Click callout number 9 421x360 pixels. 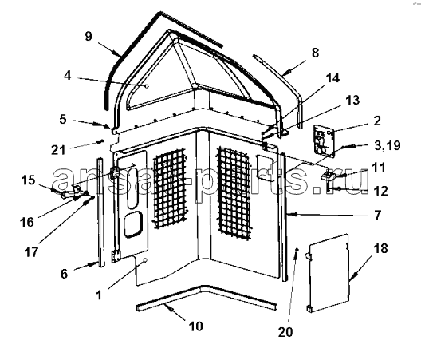89,36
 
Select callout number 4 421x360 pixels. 68,76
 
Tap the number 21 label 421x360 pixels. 58,150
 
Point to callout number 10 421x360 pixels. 195,326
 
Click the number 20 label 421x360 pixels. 285,332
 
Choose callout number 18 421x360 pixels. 380,249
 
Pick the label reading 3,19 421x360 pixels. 387,146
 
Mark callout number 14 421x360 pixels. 332,78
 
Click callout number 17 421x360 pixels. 31,252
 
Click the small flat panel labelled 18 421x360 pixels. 329,273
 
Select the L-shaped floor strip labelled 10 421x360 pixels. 207,297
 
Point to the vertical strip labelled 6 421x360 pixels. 100,212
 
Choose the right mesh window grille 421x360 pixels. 234,192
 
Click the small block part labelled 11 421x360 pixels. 328,176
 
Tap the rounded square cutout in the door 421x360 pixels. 133,224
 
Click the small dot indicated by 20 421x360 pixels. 297,250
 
